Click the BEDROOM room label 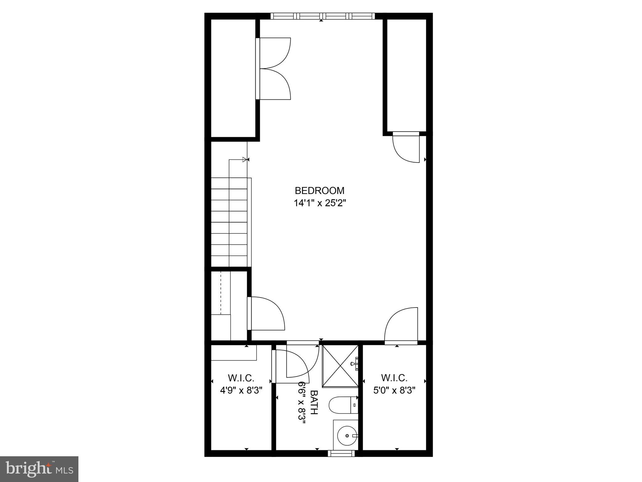point(319,190)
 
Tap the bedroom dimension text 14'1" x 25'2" point(319,203)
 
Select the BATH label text point(314,402)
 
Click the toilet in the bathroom point(343,405)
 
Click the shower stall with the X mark point(340,366)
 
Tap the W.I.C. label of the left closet point(241,377)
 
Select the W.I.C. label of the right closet point(394,377)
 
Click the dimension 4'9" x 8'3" point(241,390)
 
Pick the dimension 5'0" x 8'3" point(394,390)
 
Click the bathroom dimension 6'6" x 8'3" point(302,403)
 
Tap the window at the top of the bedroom point(322,16)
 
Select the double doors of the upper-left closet point(273,69)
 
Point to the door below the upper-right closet point(406,147)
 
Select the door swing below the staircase point(267,314)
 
